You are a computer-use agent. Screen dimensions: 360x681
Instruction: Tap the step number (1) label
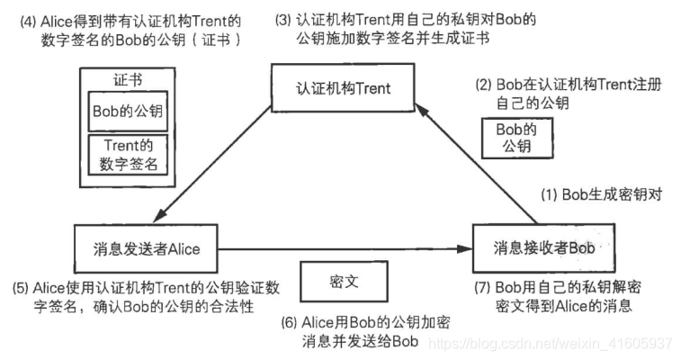click(x=549, y=194)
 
